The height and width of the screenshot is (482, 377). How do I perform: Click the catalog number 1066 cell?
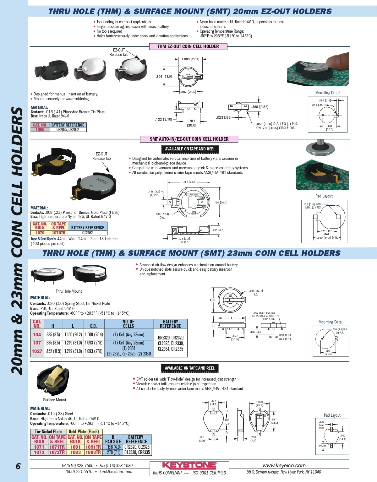[x=40, y=129]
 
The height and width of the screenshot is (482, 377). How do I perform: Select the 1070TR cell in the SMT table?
[x=58, y=233]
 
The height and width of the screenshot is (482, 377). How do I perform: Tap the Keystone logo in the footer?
[x=189, y=465]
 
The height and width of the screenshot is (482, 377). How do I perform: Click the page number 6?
[x=18, y=466]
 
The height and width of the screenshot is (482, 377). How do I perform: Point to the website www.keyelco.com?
[x=284, y=465]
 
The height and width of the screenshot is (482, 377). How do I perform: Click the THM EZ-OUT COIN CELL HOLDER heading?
[x=188, y=46]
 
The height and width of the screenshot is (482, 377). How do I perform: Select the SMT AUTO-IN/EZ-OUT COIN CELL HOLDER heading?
[x=189, y=139]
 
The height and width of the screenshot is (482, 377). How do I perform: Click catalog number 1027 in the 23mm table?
[x=37, y=351]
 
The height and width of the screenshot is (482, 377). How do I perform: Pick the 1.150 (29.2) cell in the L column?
[x=73, y=334]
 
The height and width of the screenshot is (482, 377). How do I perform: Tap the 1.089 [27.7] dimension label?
[x=190, y=59]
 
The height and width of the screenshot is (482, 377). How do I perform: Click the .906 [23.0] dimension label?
[x=164, y=76]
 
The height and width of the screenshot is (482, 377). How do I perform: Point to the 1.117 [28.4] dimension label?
[x=188, y=182]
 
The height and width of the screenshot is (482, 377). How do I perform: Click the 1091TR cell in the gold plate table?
[x=93, y=447]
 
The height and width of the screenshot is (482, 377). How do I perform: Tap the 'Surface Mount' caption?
[x=55, y=400]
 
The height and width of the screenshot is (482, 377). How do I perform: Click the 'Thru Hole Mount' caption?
[x=69, y=291]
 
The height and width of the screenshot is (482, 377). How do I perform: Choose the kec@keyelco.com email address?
[x=116, y=472]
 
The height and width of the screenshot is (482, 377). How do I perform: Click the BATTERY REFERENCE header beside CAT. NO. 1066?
[x=68, y=125]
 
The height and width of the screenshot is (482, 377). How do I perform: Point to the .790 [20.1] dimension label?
[x=220, y=203]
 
